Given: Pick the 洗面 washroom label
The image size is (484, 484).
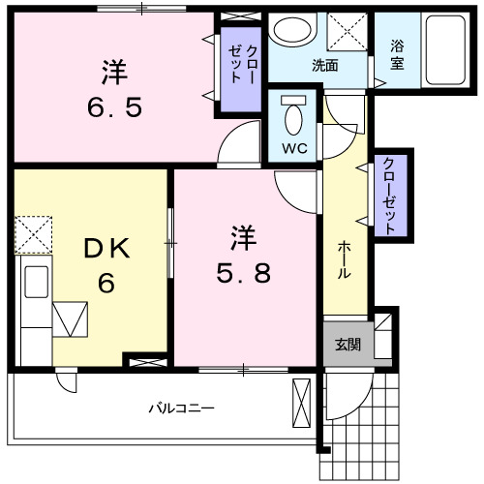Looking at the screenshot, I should tap(324, 66).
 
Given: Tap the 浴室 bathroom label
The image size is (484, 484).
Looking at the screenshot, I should tap(397, 52).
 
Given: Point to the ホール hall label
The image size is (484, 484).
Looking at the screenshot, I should tap(344, 260).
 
